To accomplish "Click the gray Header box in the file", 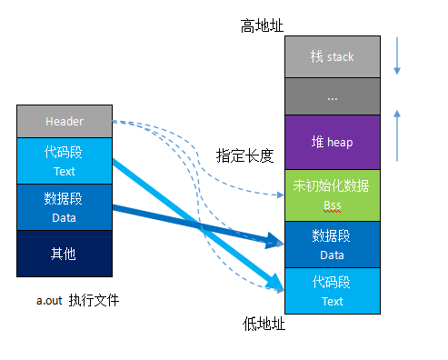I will (64, 122).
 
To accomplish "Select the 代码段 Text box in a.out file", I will (64, 161).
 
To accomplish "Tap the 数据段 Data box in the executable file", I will (64, 206).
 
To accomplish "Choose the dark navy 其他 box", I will (64, 254).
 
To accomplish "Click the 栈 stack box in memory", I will (331, 56).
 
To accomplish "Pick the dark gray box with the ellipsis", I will (331, 95).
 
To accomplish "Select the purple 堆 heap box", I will (331, 142).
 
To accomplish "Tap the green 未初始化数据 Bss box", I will (331, 194).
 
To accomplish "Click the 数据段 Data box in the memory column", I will (331, 244).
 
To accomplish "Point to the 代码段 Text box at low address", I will (331, 291).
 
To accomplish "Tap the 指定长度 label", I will (244, 155).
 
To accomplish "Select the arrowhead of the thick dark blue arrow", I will (278, 242).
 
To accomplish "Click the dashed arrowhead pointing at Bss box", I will (280, 195).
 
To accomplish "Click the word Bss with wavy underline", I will (331, 206).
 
